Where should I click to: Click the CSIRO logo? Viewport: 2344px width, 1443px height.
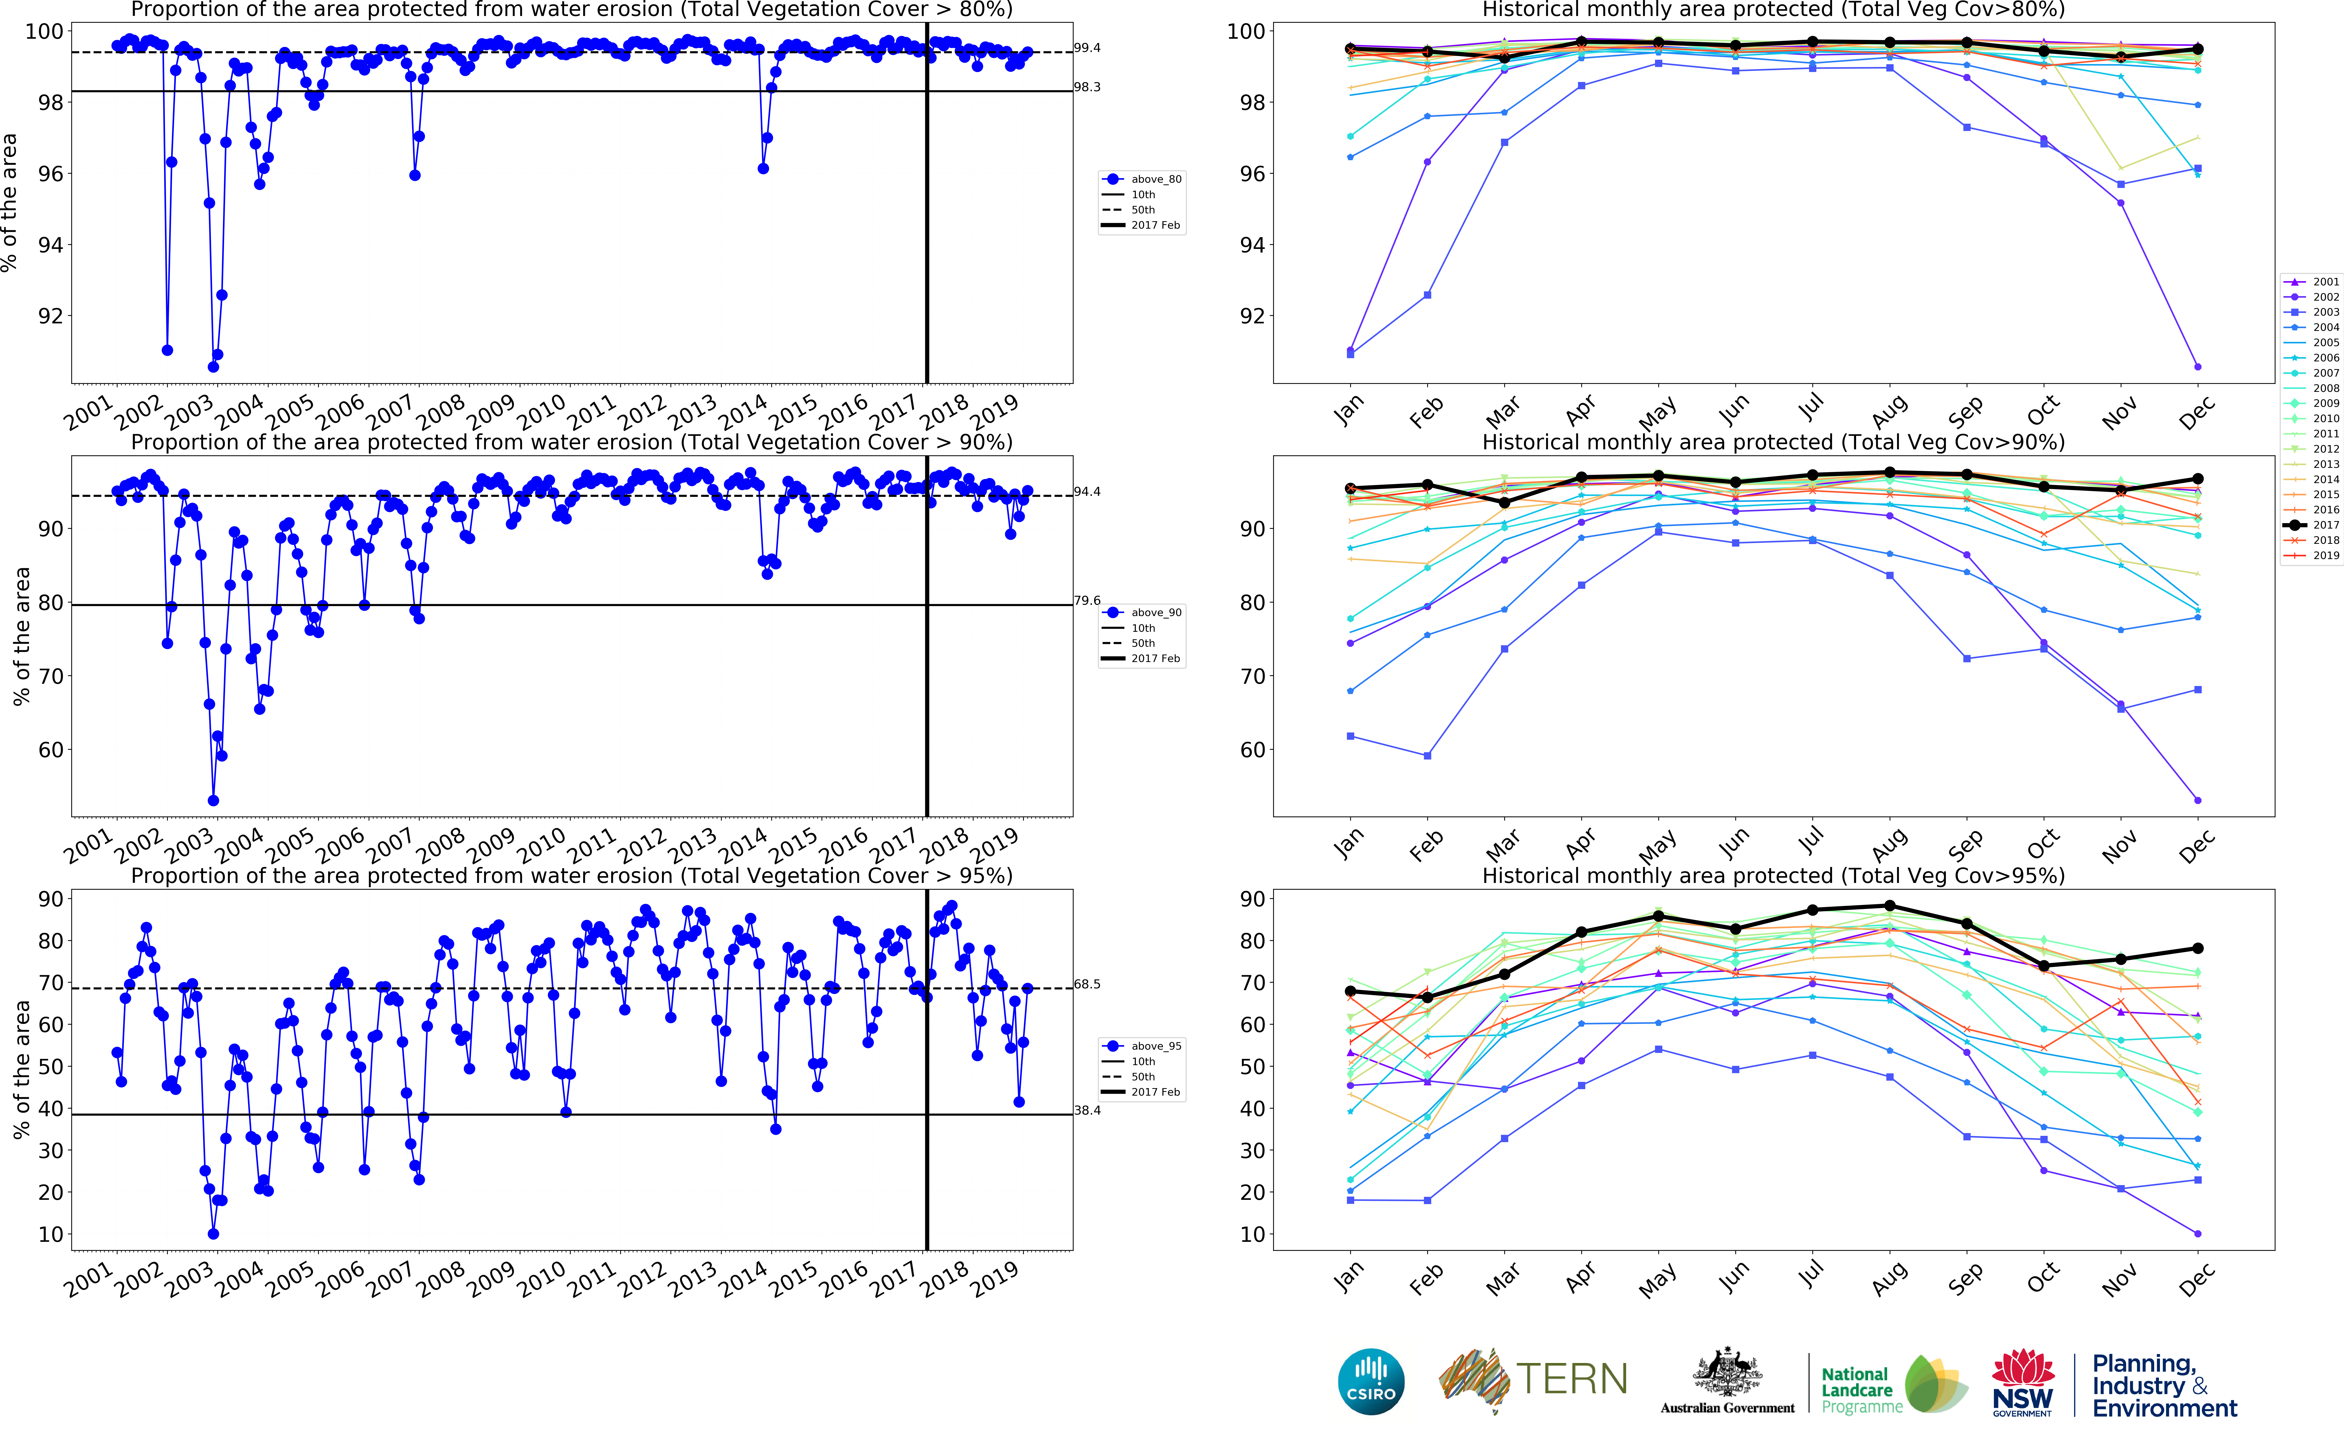pos(1371,1382)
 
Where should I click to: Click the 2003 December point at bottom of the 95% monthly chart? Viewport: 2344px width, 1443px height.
pos(2198,1234)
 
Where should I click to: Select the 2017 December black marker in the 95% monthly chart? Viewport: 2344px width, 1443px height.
pos(2198,949)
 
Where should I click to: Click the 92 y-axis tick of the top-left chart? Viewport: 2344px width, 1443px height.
pos(50,316)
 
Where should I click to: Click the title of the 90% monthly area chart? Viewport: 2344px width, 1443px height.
pos(1773,442)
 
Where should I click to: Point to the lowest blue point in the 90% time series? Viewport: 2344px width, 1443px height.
pos(213,801)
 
